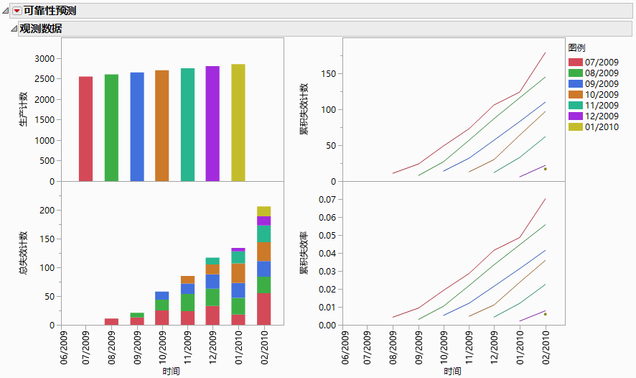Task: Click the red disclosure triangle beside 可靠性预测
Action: (x=17, y=11)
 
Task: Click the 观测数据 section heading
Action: (x=40, y=29)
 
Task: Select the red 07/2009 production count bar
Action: (x=85, y=129)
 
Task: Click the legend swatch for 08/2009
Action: (x=575, y=73)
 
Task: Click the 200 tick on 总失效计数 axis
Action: (x=47, y=210)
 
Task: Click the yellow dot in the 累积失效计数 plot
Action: (x=546, y=169)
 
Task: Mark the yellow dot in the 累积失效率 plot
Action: (x=546, y=314)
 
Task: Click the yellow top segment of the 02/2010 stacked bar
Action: (x=264, y=211)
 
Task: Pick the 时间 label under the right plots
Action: (x=452, y=371)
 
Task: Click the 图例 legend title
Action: (x=576, y=47)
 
